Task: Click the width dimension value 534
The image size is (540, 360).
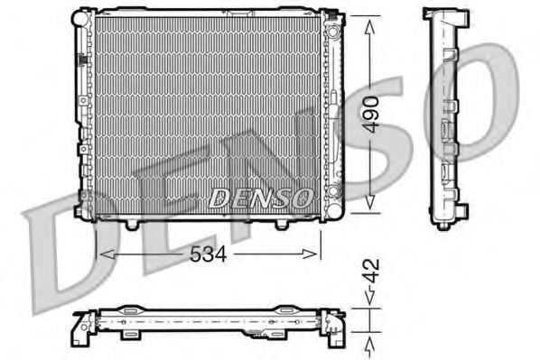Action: point(209,255)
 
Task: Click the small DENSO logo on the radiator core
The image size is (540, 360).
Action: point(262,196)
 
